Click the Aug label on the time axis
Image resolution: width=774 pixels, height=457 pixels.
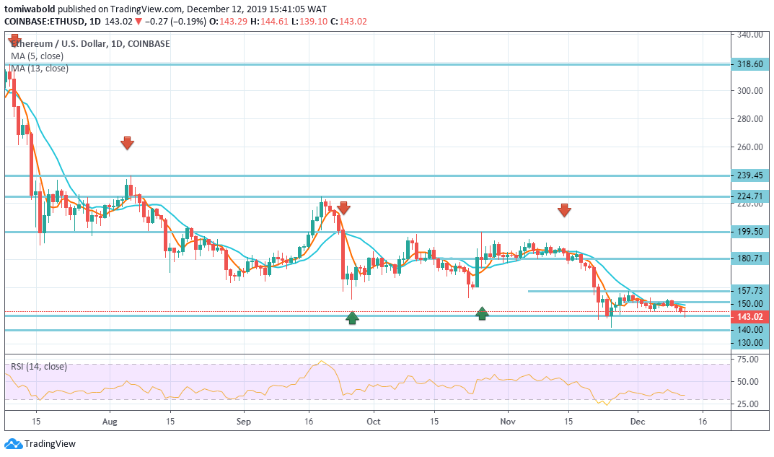(x=110, y=419)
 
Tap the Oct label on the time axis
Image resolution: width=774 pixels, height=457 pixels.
(x=373, y=419)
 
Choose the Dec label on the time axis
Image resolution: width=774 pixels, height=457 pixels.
(x=637, y=419)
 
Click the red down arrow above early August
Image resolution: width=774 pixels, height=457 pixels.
(x=127, y=143)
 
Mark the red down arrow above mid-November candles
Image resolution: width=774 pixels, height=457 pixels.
(x=564, y=210)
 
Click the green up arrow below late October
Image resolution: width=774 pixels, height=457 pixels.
(x=482, y=313)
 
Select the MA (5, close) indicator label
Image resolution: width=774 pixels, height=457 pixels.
(x=37, y=56)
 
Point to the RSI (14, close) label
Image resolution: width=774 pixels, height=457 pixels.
(x=39, y=366)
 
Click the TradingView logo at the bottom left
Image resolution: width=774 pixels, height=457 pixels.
(x=40, y=444)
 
